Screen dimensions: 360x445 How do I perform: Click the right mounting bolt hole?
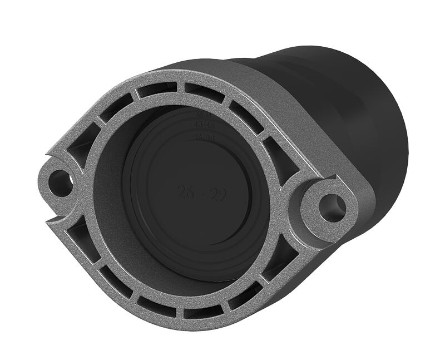coord(332,207)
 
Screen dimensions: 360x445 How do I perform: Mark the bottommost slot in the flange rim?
coord(203,313)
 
